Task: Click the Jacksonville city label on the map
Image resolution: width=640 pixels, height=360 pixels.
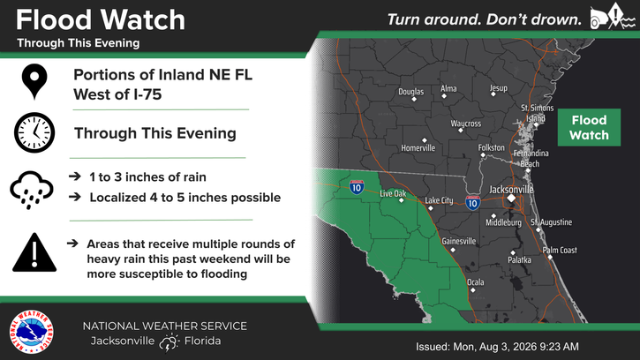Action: pyautogui.click(x=511, y=190)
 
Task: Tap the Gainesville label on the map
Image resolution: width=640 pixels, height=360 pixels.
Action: pyautogui.click(x=459, y=241)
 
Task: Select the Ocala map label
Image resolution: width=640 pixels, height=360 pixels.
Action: pyautogui.click(x=476, y=282)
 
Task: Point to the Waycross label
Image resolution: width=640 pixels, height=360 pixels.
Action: pyautogui.click(x=466, y=124)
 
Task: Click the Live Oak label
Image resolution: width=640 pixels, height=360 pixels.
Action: pyautogui.click(x=393, y=193)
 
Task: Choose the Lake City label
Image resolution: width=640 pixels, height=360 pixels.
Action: pyautogui.click(x=439, y=200)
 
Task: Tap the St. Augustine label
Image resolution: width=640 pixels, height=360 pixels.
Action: pyautogui.click(x=551, y=222)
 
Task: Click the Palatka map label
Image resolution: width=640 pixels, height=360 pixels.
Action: pyautogui.click(x=520, y=260)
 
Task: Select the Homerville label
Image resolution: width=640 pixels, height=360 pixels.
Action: pyautogui.click(x=418, y=147)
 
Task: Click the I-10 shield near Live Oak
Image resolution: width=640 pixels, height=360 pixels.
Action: pyautogui.click(x=357, y=187)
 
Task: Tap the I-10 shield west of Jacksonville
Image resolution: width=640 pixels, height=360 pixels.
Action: pyautogui.click(x=472, y=202)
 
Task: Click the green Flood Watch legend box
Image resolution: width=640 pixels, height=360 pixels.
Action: pyautogui.click(x=589, y=127)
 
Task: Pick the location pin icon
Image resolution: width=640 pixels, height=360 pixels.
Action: pyautogui.click(x=34, y=81)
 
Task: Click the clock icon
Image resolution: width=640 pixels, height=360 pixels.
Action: pyautogui.click(x=34, y=132)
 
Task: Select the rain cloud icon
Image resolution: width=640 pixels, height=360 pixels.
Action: pyautogui.click(x=32, y=190)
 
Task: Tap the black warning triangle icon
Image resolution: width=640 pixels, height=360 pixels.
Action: pyautogui.click(x=34, y=252)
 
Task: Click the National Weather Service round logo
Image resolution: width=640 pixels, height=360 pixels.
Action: pyautogui.click(x=32, y=332)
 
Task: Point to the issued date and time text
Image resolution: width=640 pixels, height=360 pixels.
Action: pyautogui.click(x=497, y=347)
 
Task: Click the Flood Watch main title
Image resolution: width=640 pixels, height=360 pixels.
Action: pyautogui.click(x=101, y=19)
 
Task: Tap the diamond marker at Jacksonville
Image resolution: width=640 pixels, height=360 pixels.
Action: pyautogui.click(x=511, y=199)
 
